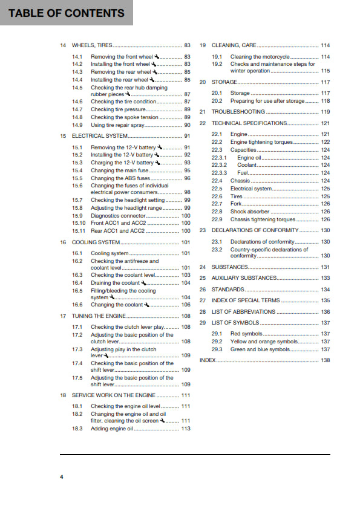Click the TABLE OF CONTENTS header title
point(67,13)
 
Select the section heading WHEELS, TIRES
point(92,45)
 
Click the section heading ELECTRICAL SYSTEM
point(99,136)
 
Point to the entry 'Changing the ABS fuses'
point(120,178)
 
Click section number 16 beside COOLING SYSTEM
point(63,242)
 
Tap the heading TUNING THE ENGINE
point(99,316)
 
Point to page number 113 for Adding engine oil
point(186,429)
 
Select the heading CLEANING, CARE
point(234,45)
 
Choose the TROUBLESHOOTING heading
point(238,112)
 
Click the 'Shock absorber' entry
point(250,212)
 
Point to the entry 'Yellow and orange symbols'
point(265,342)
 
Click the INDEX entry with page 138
point(207,360)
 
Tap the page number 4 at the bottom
point(61,477)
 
